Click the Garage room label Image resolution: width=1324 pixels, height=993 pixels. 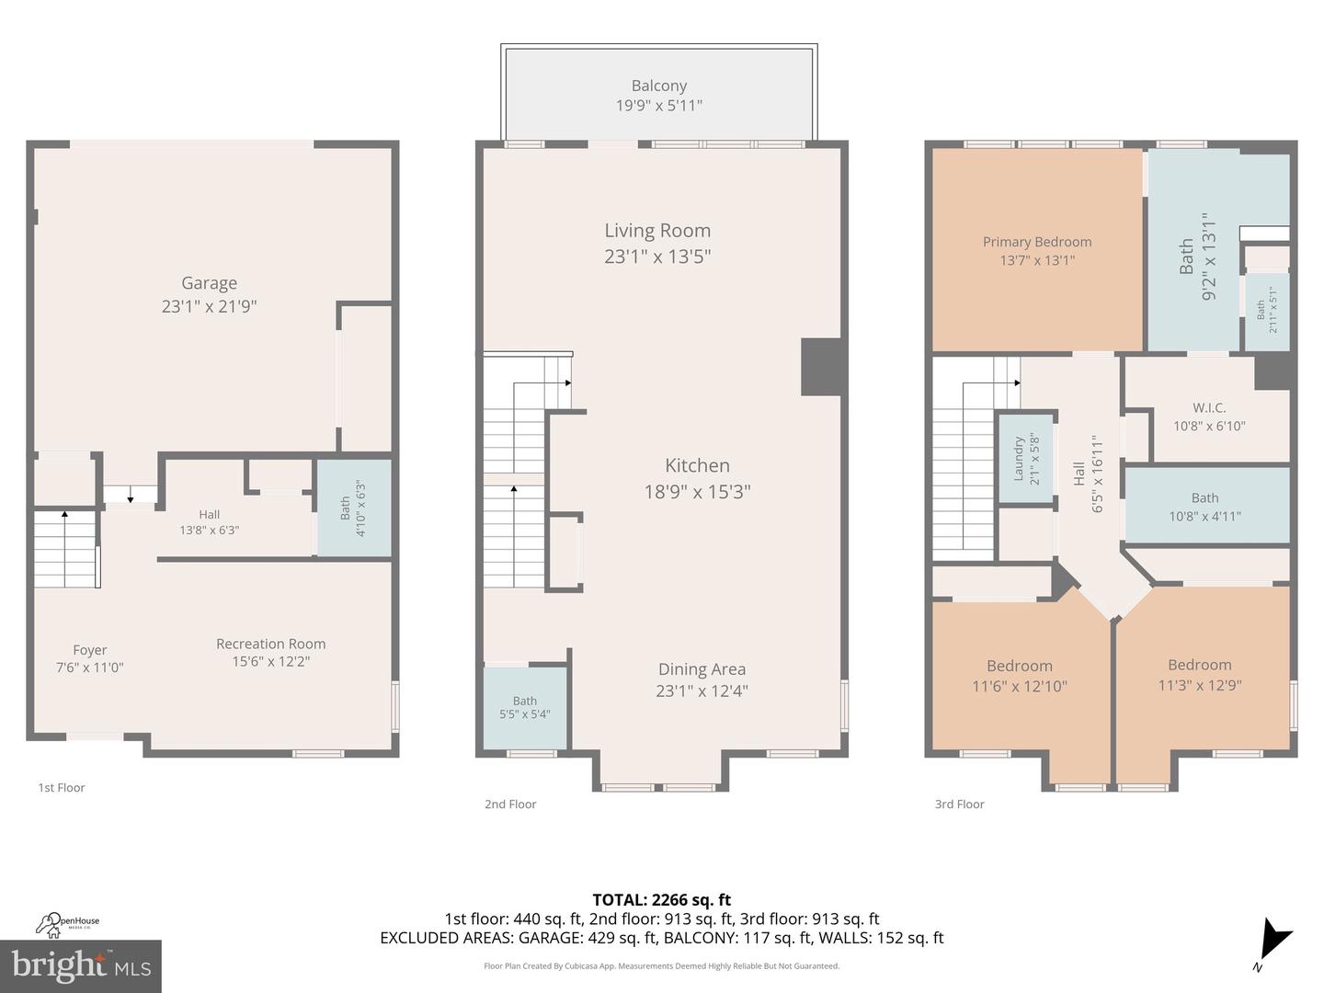coord(209,283)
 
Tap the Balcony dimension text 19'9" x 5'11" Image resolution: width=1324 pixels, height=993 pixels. coord(658,106)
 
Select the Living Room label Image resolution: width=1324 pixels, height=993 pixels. coord(657,231)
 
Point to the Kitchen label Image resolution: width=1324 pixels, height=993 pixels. coord(697,466)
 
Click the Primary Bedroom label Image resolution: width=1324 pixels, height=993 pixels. coord(1037,242)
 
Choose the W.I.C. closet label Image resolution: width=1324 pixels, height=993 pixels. coord(1209,407)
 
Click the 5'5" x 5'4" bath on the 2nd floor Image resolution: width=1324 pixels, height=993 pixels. coord(525,707)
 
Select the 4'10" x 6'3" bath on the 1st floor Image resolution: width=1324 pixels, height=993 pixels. coord(353,508)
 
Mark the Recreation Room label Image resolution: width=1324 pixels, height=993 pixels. coord(270,644)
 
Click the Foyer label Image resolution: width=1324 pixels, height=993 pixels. coord(90,650)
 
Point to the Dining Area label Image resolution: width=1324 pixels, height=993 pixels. coord(702,669)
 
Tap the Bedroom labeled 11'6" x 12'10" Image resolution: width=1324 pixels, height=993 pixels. coord(1020,676)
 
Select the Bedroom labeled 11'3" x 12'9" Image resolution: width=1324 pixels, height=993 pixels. coord(1200,675)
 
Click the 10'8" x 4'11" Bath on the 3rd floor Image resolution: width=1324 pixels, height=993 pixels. coord(1204,507)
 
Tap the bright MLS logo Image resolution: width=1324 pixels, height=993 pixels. coord(81,965)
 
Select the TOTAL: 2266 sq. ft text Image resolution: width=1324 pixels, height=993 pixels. coord(661,900)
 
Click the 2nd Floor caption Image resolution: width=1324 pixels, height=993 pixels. coord(510,805)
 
